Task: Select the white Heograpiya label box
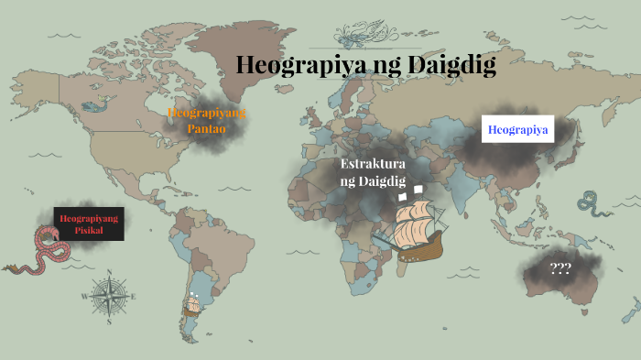coord(518,130)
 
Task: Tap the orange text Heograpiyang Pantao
coord(206,121)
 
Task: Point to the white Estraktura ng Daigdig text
coord(372,172)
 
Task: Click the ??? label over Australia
coord(560,269)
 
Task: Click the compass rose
coord(109,296)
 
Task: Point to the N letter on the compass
coord(109,272)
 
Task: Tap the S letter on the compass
coord(109,322)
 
